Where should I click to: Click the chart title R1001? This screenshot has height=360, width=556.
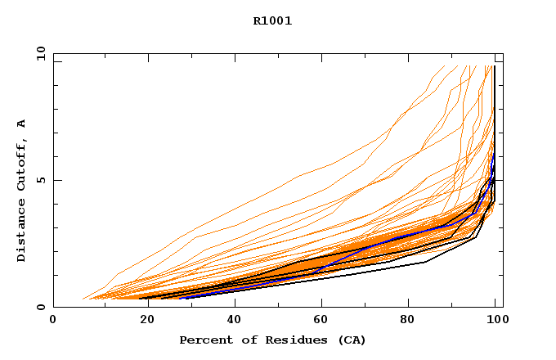click(272, 21)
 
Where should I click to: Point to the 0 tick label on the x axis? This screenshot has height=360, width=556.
click(53, 321)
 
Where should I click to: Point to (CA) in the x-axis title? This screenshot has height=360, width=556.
click(351, 340)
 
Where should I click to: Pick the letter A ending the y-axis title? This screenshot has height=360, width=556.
click(22, 124)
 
